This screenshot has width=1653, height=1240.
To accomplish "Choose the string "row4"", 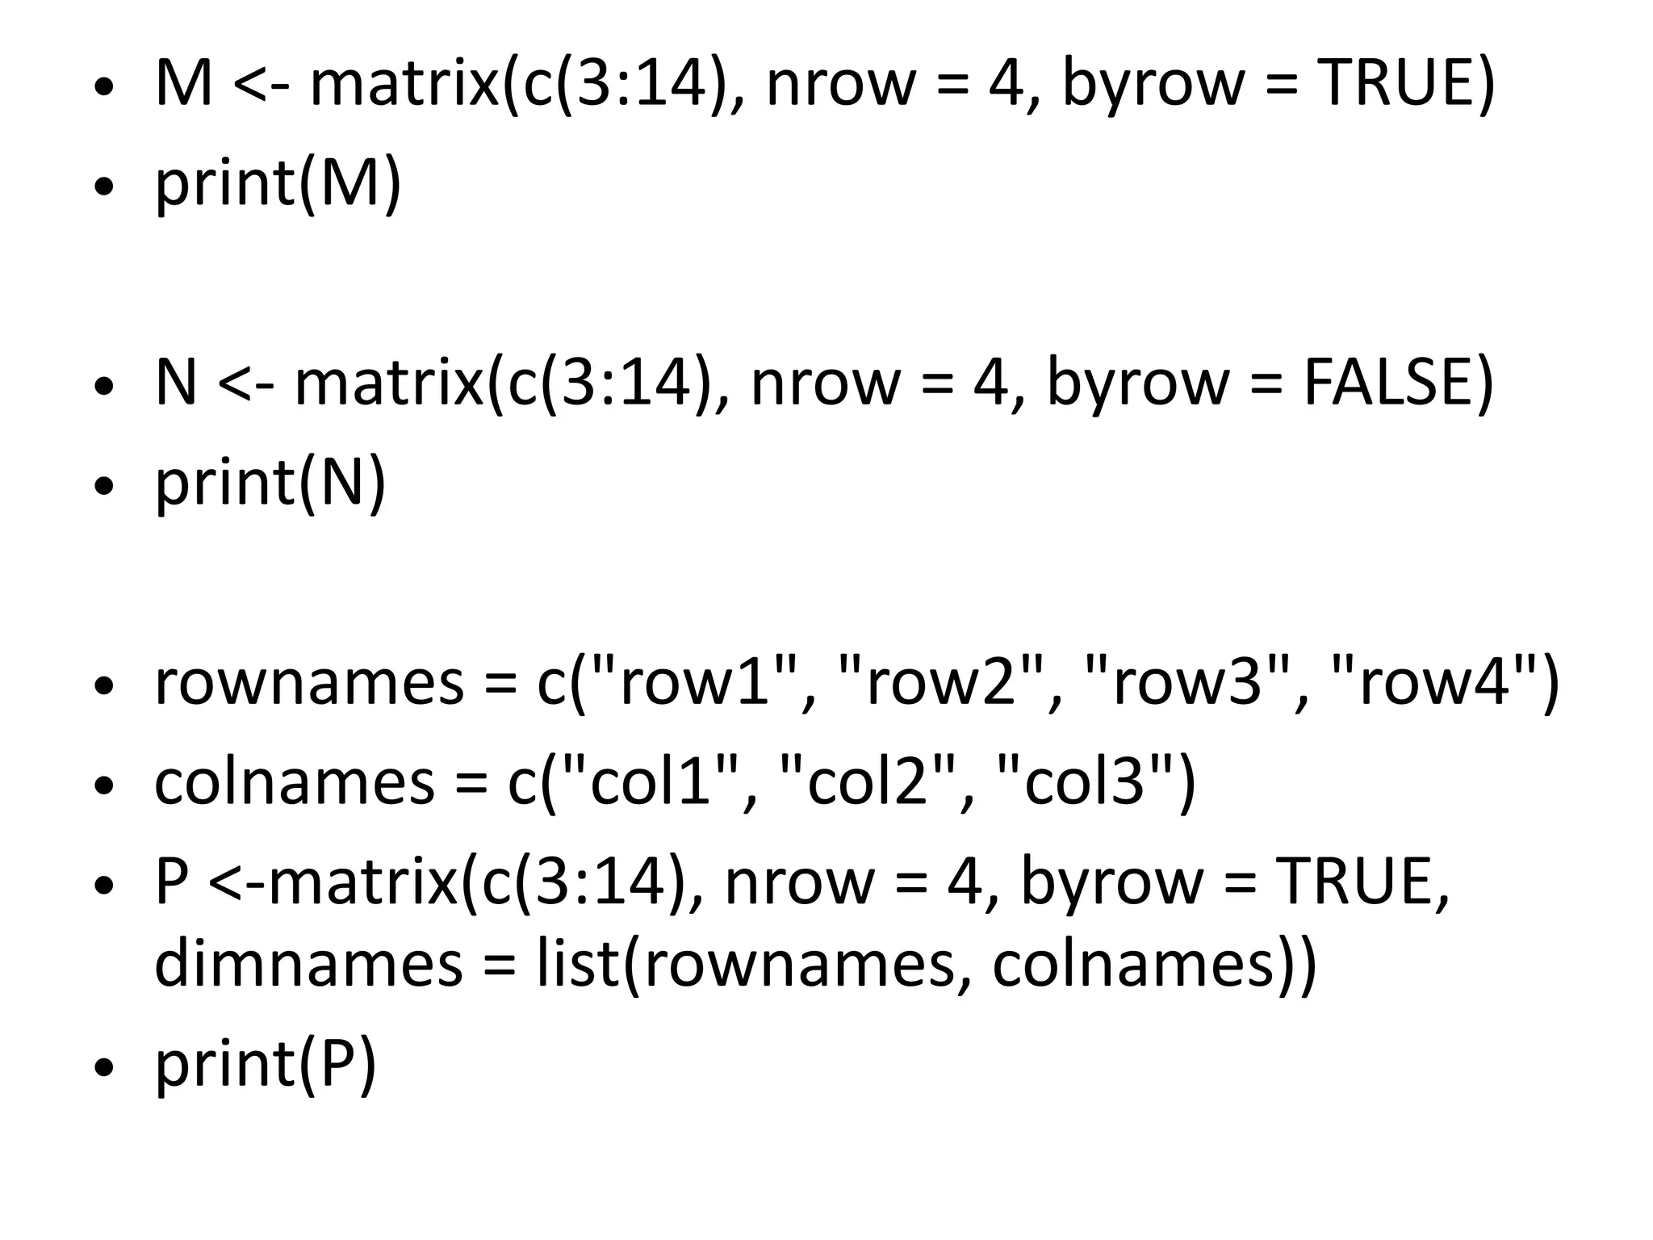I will point(1433,682).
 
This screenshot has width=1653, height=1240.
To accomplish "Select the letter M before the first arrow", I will point(183,84).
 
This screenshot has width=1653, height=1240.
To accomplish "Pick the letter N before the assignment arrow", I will point(176,383).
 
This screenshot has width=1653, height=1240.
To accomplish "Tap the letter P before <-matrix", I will point(171,882).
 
